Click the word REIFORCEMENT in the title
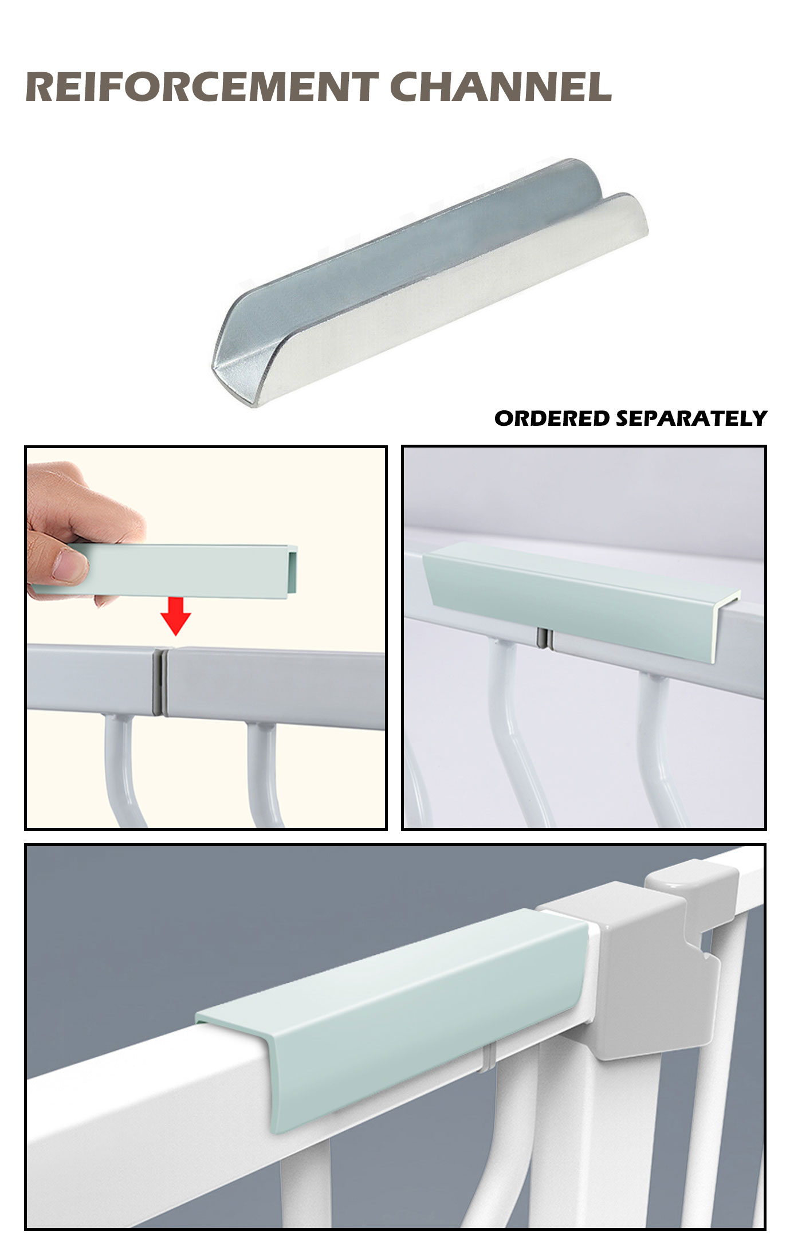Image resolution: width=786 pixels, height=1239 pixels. pyautogui.click(x=202, y=87)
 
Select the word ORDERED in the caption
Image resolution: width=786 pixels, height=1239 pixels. pyautogui.click(x=552, y=418)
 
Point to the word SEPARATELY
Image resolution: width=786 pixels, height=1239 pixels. pyautogui.click(x=691, y=418)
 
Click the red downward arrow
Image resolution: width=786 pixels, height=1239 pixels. pyautogui.click(x=175, y=615)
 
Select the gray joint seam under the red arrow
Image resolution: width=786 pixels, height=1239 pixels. pyautogui.click(x=160, y=681)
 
